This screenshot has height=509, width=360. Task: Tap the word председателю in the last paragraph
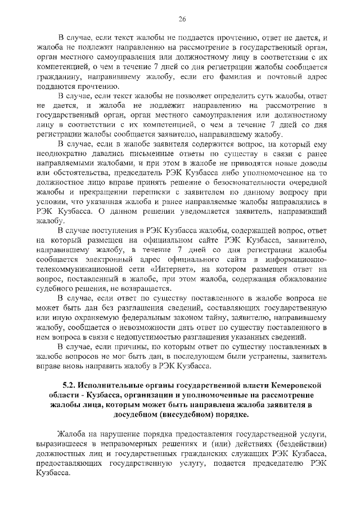pyautogui.click(x=276, y=462)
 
